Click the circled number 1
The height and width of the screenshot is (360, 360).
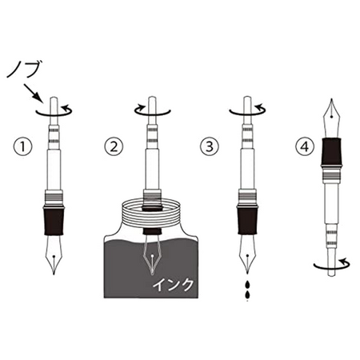pos(22,146)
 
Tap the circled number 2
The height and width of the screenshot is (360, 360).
pos(114,146)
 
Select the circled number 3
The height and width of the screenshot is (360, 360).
pos(210,146)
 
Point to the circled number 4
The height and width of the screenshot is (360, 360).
pos(305,146)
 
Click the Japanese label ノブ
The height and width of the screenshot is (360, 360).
pos(24,69)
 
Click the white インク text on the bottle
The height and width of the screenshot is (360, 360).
pos(173,284)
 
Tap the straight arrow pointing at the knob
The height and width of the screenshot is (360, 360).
pos(34,93)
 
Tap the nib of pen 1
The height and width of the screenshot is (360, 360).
pos(54,254)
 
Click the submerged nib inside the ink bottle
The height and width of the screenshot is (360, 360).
pos(152,254)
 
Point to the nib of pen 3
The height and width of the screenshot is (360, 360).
pos(247,254)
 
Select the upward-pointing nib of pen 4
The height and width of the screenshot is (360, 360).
pos(331,118)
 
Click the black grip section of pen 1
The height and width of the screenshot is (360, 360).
pos(54,220)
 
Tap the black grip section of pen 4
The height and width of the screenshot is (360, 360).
pos(331,152)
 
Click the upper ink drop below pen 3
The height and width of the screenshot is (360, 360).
pos(248,285)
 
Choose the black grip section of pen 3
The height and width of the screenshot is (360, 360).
pos(247,220)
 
